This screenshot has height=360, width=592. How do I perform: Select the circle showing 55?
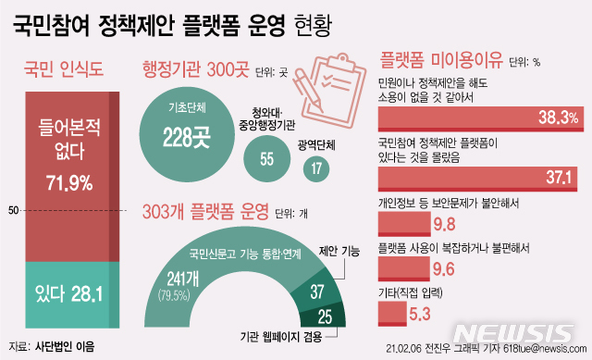click(x=266, y=158)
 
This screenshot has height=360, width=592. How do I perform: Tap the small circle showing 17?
click(x=316, y=168)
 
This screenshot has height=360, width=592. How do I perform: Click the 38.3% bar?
click(x=481, y=116)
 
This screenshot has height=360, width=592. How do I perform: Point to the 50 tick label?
click(x=13, y=212)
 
